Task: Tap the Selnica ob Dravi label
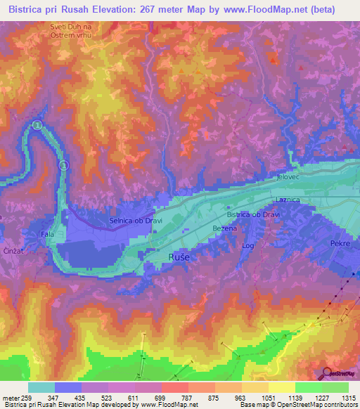click(x=131, y=220)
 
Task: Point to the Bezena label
click(x=224, y=228)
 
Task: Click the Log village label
click(x=247, y=246)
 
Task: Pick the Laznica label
click(x=288, y=200)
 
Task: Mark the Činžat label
click(x=14, y=251)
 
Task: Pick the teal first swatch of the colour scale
click(x=41, y=387)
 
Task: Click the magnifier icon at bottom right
click(x=326, y=373)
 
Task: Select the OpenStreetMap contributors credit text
click(x=316, y=405)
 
